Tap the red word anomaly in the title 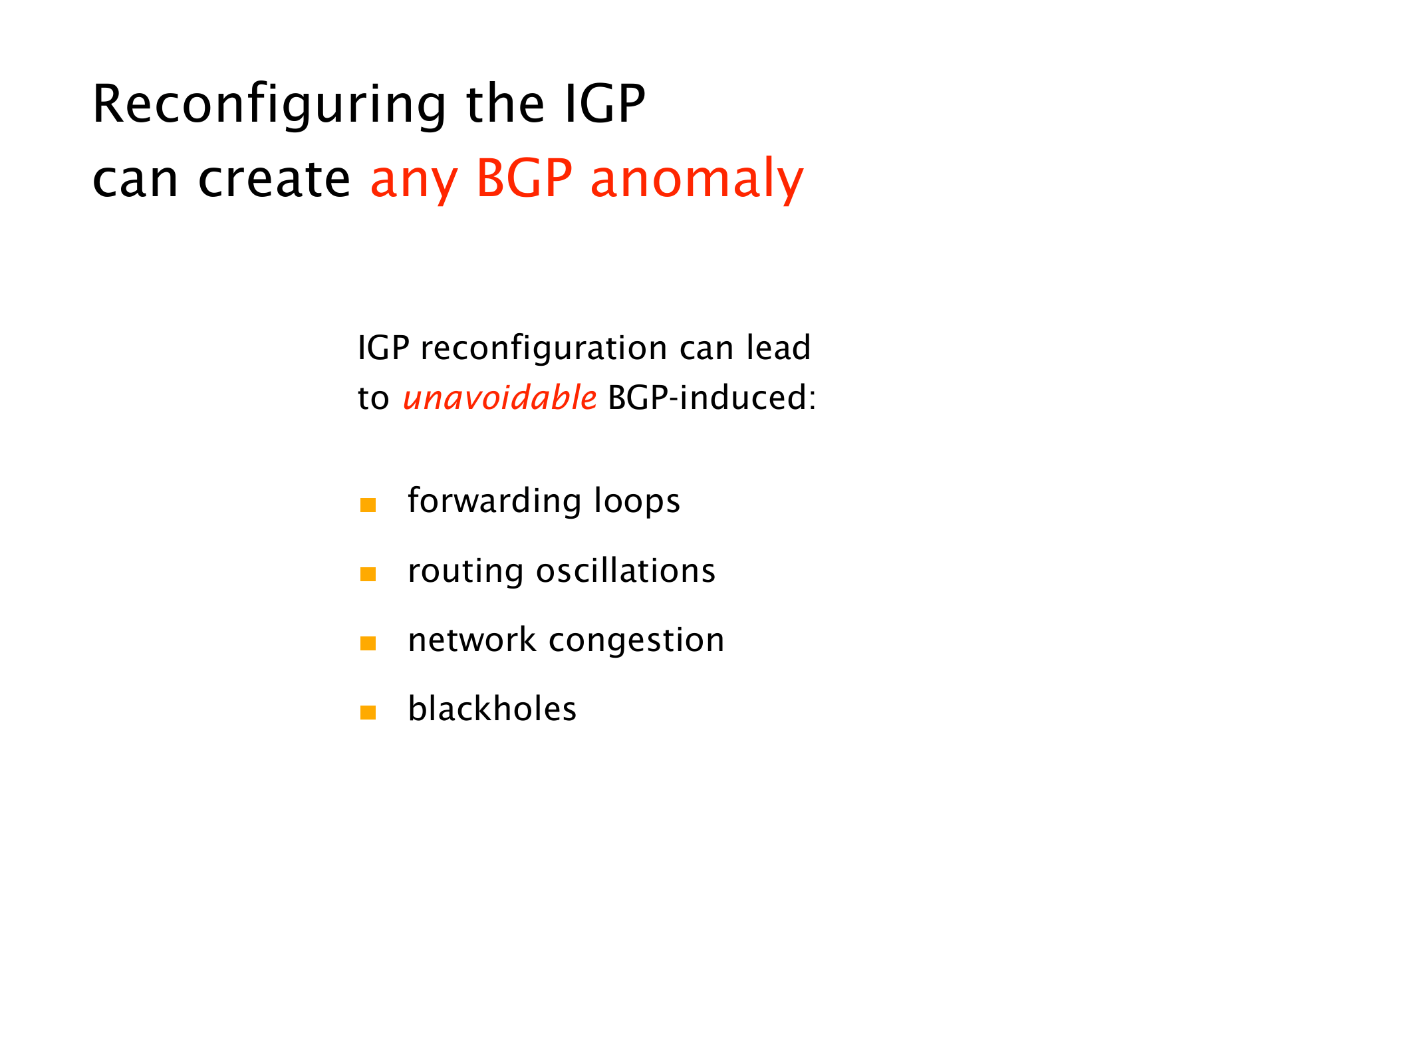point(697,180)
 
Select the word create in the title point(274,180)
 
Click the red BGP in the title point(524,179)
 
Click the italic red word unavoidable point(499,398)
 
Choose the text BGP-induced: point(711,398)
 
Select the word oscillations point(626,571)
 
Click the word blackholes point(492,709)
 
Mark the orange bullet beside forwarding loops point(368,505)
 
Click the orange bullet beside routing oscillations point(368,574)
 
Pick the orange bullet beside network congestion point(368,643)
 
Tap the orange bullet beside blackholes point(368,712)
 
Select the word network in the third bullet point(472,640)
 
